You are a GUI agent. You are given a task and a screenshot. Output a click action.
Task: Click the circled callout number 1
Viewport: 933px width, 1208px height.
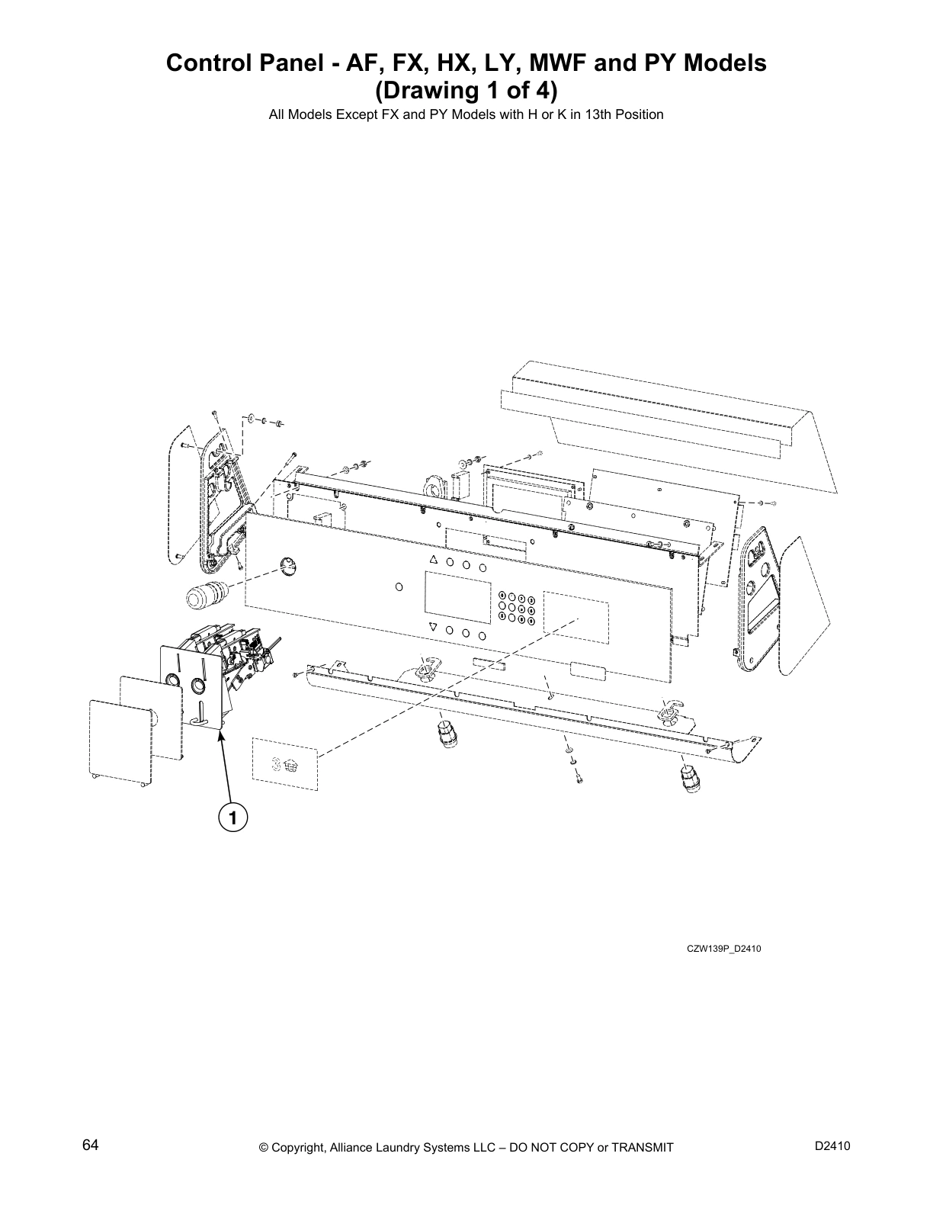coord(232,818)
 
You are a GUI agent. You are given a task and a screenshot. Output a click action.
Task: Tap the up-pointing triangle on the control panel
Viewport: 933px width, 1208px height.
coord(433,560)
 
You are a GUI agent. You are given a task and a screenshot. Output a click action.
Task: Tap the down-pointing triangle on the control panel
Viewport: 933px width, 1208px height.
coord(433,627)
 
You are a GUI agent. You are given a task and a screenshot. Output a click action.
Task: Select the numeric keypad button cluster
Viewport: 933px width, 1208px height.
coord(517,609)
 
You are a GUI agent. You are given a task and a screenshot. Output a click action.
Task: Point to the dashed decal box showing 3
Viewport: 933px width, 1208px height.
coord(284,763)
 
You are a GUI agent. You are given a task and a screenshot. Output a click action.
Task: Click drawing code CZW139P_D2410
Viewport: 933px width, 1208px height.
coord(723,949)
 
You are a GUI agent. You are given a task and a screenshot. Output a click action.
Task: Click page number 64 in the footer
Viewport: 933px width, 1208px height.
coord(91,1145)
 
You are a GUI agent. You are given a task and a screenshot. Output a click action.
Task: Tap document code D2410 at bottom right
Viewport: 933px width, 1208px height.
coord(832,1145)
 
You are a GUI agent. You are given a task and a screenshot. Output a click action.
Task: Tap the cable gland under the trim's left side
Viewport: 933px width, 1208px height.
coord(444,736)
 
